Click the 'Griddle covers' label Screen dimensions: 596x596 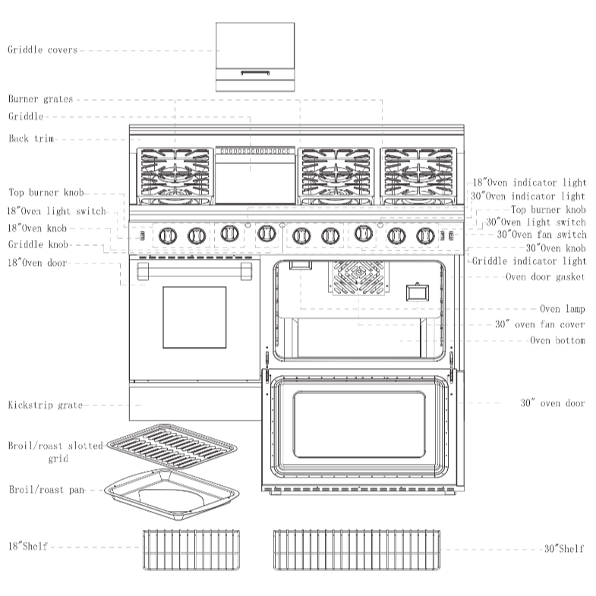[x=43, y=50]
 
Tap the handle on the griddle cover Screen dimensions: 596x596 [x=255, y=73]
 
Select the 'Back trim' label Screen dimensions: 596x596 [x=31, y=139]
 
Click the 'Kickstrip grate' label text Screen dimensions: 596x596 [x=46, y=405]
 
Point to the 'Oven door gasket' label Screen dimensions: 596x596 [x=545, y=277]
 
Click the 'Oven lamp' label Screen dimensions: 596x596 [x=562, y=309]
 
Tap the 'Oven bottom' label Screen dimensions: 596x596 [x=557, y=341]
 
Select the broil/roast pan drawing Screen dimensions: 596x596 [x=172, y=493]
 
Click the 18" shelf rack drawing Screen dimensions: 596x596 [x=185, y=550]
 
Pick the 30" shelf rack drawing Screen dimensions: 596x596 [x=357, y=550]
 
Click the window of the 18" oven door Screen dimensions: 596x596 [x=194, y=317]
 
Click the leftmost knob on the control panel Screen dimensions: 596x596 [x=167, y=236]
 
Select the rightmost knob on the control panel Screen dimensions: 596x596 [x=425, y=236]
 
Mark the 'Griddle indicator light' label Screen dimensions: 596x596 [x=528, y=261]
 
